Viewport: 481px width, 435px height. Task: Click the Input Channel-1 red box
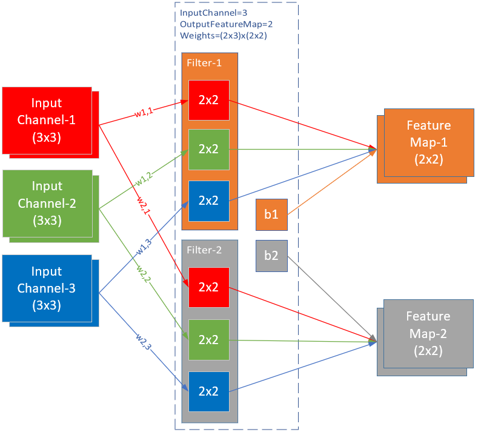point(47,119)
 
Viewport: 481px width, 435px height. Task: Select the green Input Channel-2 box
point(47,203)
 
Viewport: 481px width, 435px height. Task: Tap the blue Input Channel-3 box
point(47,288)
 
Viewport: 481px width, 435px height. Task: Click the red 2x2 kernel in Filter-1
point(208,100)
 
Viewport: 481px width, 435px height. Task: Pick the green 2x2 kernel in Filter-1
point(208,149)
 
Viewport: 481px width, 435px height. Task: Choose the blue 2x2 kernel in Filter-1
point(208,201)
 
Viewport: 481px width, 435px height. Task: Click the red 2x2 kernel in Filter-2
point(208,287)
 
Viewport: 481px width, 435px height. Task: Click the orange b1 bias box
point(271,214)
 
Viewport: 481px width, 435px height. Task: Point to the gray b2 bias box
point(271,256)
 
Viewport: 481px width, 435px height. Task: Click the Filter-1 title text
point(201,63)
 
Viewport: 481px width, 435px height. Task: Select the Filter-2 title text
point(201,250)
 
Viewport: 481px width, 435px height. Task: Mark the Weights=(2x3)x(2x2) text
point(224,35)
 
